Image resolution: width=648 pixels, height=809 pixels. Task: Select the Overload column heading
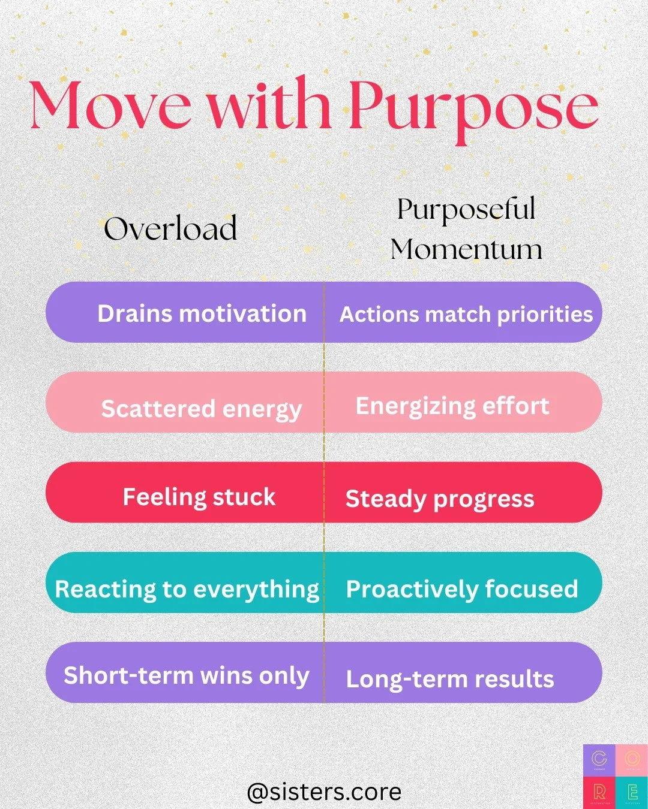coord(170,229)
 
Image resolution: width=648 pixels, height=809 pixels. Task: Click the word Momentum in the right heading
coord(466,249)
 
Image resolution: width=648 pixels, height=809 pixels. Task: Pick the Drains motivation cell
coord(202,313)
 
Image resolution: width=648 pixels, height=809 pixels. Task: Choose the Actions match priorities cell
coord(466,314)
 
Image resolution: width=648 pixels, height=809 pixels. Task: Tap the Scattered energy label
coord(201,409)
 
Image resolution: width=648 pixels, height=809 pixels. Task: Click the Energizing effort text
coord(452,406)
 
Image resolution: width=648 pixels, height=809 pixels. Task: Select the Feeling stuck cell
coord(199,497)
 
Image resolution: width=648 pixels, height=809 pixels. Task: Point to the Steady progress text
coord(440,499)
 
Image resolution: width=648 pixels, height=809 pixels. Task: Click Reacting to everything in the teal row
coord(187,589)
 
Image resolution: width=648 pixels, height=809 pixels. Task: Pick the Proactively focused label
coord(462,589)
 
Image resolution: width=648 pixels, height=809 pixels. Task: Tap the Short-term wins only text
coord(186,675)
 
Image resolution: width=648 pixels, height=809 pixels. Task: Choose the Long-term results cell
coord(450,679)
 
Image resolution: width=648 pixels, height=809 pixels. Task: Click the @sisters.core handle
coord(324,792)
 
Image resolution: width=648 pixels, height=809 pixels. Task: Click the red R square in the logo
coord(599,792)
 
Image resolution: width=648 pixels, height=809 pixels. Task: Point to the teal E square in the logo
coord(632,792)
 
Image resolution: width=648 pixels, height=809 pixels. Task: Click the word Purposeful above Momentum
coord(466,210)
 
